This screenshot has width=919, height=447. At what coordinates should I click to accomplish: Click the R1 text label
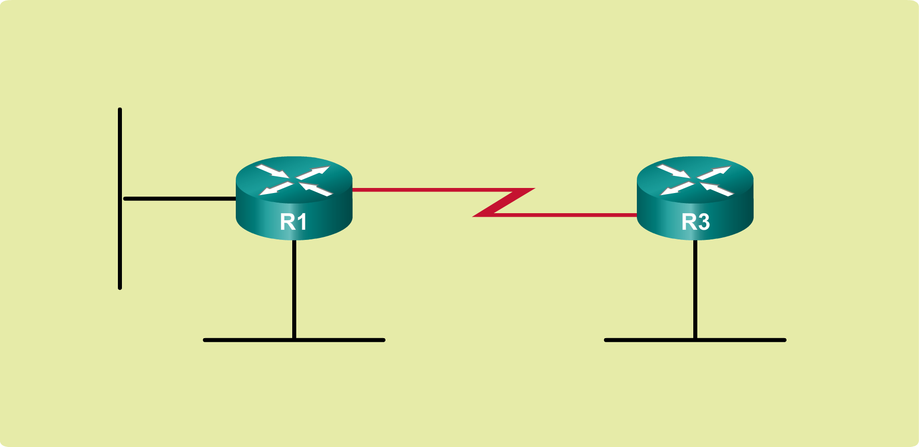(x=293, y=222)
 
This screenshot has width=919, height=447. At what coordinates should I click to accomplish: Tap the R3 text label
(x=695, y=222)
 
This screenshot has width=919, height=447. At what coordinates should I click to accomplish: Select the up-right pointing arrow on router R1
(x=313, y=172)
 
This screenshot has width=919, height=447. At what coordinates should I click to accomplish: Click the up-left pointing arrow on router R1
(x=316, y=189)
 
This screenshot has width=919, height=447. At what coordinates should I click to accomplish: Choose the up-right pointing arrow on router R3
(x=714, y=172)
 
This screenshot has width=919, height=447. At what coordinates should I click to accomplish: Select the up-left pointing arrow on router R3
(x=717, y=189)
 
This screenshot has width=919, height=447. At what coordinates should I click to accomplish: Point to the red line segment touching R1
(x=428, y=190)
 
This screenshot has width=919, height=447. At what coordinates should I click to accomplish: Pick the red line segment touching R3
(x=564, y=215)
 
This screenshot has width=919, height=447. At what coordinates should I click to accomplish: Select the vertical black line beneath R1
(x=294, y=287)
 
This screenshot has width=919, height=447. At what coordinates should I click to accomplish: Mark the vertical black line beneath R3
(x=695, y=287)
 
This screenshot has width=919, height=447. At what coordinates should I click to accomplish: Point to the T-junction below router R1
(x=294, y=340)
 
